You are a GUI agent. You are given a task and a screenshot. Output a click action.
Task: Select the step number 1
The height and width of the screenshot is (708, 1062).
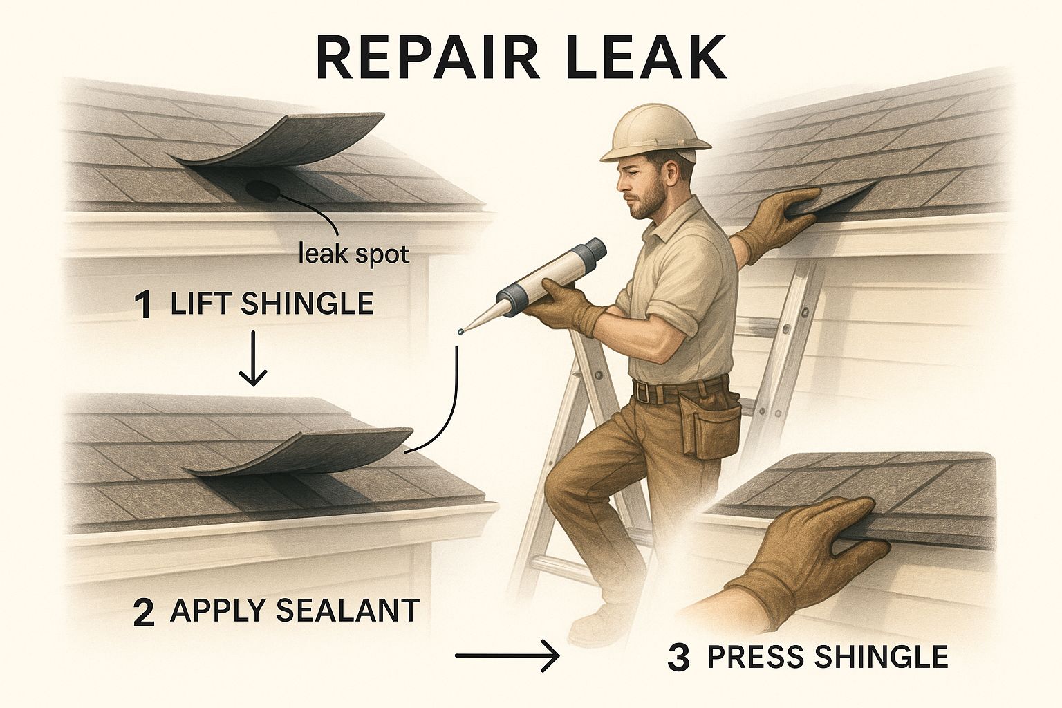pyautogui.click(x=143, y=306)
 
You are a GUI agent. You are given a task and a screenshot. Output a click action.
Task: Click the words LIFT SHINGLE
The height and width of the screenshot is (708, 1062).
pyautogui.click(x=272, y=304)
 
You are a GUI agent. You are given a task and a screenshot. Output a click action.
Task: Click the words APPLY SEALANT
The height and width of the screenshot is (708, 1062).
pyautogui.click(x=295, y=611)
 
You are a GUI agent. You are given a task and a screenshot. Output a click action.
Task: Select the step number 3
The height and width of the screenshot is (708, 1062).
pyautogui.click(x=679, y=658)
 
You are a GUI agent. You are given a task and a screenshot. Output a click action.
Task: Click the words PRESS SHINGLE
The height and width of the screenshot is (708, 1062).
pyautogui.click(x=827, y=656)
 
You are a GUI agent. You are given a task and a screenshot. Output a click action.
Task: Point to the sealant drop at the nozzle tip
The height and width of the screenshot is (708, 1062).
pyautogui.click(x=458, y=333)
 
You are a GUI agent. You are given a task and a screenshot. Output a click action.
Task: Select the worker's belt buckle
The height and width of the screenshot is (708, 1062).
pyautogui.click(x=644, y=394)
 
